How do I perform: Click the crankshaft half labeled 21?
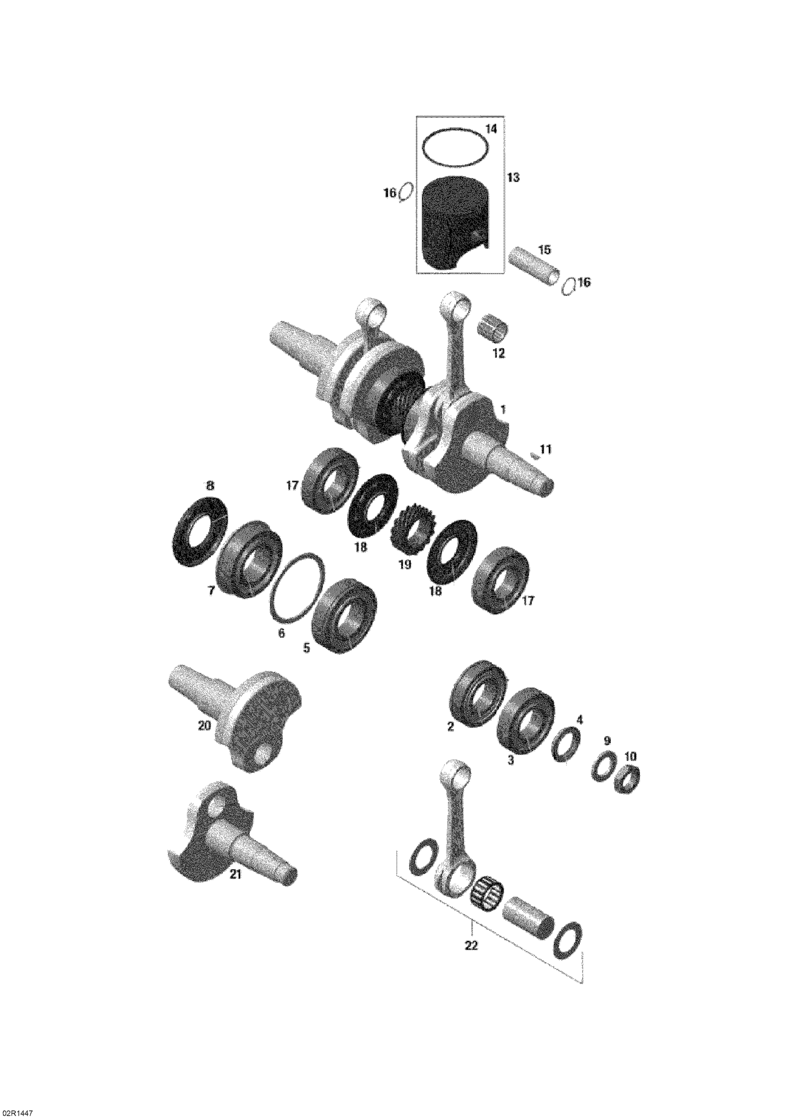click(x=229, y=839)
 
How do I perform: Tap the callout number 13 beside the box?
click(x=513, y=178)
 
